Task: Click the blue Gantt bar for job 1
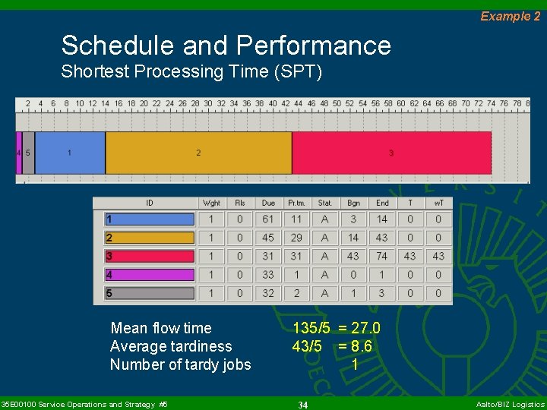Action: [70, 153]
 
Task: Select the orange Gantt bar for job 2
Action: [198, 153]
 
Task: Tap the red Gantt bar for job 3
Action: [391, 153]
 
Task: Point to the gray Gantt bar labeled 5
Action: [28, 153]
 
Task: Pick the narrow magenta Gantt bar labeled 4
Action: [19, 153]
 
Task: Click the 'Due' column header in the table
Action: [268, 203]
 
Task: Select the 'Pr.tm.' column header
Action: [296, 203]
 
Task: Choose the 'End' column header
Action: [382, 203]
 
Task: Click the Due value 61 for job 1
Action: [268, 219]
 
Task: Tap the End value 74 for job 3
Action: [382, 256]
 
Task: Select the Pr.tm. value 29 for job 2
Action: [296, 238]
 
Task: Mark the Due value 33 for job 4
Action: [268, 275]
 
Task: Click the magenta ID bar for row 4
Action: [150, 275]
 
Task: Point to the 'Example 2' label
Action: [510, 16]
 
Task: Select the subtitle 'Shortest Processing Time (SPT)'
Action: [191, 72]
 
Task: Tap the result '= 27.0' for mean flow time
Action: [359, 328]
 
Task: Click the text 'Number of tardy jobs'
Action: [180, 364]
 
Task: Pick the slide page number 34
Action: [302, 405]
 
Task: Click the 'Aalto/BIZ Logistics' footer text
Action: [510, 405]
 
